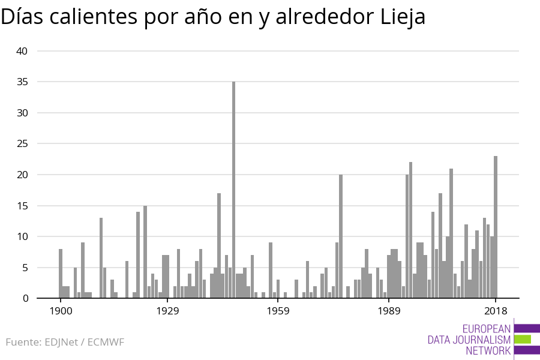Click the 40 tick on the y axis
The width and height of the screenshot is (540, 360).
(22, 51)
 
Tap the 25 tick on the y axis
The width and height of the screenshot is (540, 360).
(22, 144)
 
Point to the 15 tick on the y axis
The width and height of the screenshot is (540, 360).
(22, 206)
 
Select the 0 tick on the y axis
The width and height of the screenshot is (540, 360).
(25, 298)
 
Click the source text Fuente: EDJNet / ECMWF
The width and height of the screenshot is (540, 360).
(65, 342)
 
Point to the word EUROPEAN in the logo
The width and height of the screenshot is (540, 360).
(487, 329)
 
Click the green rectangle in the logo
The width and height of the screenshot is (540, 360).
(523, 339)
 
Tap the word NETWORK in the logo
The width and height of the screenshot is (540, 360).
(488, 350)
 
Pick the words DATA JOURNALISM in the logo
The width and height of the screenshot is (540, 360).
(469, 340)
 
